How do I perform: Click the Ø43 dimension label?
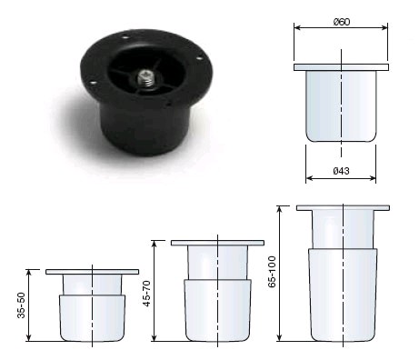(341, 169)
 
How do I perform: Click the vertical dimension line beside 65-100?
(281, 273)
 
